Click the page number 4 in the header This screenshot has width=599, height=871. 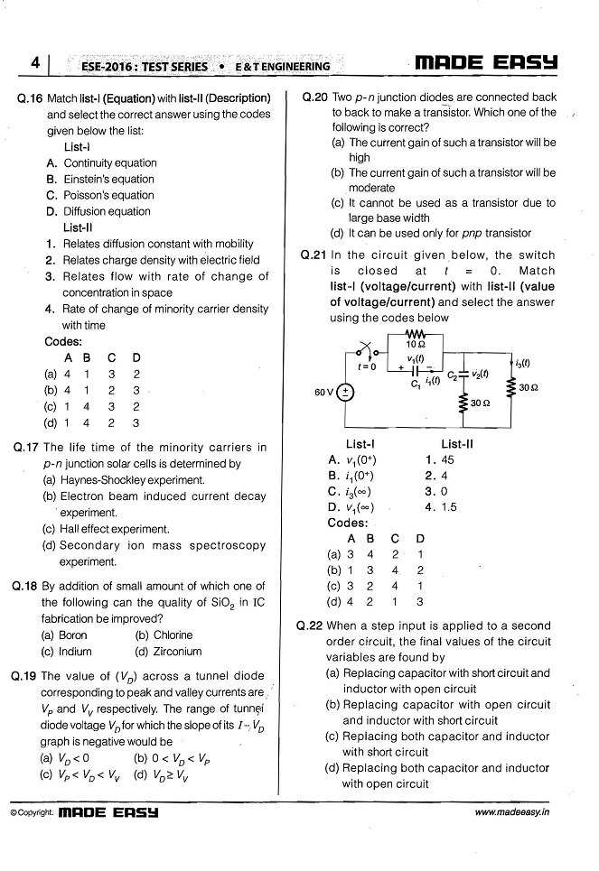click(x=34, y=64)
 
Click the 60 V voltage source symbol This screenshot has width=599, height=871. click(x=347, y=392)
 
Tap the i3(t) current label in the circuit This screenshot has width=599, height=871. click(x=521, y=363)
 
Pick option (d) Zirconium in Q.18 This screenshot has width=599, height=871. click(x=167, y=651)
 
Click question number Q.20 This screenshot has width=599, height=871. click(x=315, y=97)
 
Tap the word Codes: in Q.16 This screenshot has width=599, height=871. click(x=63, y=341)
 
